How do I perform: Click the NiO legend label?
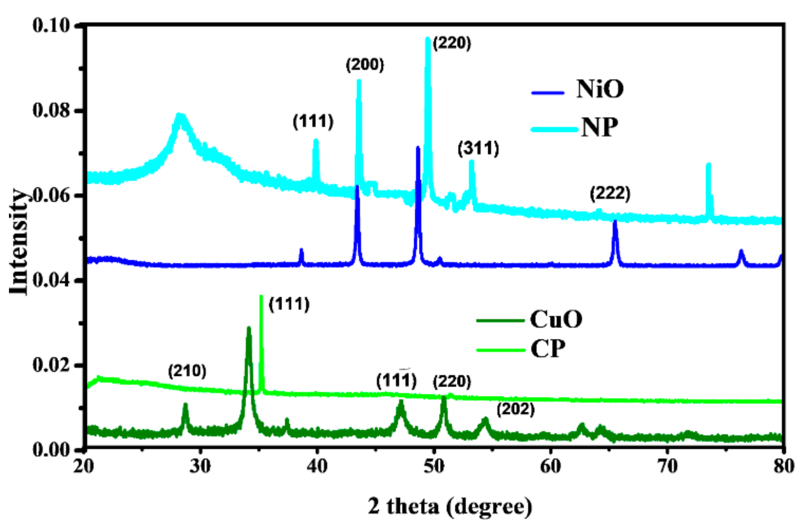click(x=600, y=89)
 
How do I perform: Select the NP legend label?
click(x=599, y=127)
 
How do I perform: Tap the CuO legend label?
click(x=556, y=319)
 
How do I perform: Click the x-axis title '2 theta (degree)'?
click(x=450, y=506)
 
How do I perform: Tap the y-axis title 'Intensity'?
click(x=19, y=242)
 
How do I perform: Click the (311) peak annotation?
click(x=478, y=149)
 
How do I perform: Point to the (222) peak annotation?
click(x=610, y=193)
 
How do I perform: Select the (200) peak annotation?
click(x=365, y=65)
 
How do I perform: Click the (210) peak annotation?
click(x=187, y=371)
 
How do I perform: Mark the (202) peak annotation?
click(x=516, y=409)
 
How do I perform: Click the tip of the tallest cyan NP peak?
click(x=428, y=38)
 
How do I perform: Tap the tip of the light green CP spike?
click(x=261, y=296)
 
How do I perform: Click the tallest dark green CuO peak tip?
click(x=249, y=328)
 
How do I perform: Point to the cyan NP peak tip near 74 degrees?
click(x=708, y=164)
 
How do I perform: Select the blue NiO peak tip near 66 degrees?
click(x=615, y=221)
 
